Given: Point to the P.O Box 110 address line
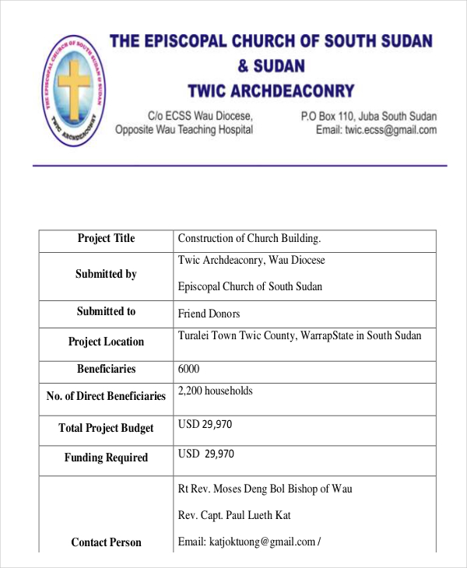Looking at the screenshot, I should [x=368, y=116].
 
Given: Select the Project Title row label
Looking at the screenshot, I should [x=106, y=239].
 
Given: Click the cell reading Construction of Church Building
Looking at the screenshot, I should [x=249, y=239].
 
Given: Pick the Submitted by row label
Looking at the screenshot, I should [x=106, y=274].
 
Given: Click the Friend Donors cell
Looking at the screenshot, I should [x=209, y=314].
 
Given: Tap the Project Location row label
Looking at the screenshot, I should [x=106, y=342].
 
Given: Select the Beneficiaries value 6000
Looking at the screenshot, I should [x=189, y=370].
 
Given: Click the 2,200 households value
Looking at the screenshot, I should [x=215, y=391].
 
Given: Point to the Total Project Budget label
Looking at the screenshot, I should [x=106, y=428].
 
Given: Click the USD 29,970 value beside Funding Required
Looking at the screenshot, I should [x=205, y=454].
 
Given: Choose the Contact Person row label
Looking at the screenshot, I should [x=106, y=542].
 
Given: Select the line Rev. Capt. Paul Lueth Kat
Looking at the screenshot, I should [x=234, y=515].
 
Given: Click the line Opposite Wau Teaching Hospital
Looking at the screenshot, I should [x=184, y=130].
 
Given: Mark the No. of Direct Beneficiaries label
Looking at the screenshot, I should [x=106, y=396].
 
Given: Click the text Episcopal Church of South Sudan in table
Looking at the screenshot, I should [x=250, y=286].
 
